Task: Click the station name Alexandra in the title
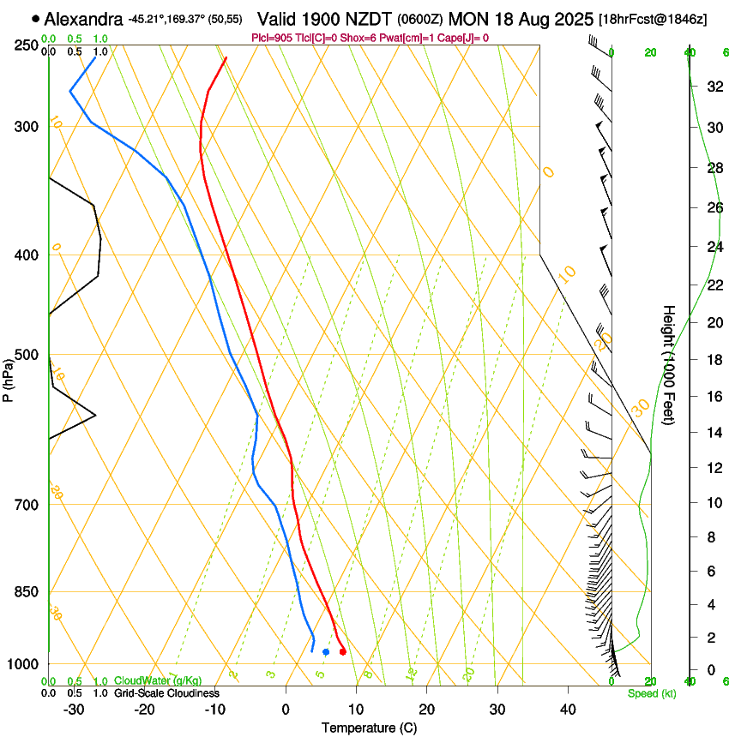(x=83, y=18)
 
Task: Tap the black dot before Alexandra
(x=35, y=18)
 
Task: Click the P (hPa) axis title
(x=9, y=377)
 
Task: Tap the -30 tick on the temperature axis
(x=74, y=709)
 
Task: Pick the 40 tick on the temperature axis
(x=567, y=709)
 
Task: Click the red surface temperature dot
(x=342, y=652)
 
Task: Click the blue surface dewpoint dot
(x=326, y=652)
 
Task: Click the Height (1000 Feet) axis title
(x=669, y=364)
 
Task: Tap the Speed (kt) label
(x=651, y=693)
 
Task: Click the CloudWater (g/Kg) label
(x=153, y=680)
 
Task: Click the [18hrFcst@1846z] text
(x=653, y=19)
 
